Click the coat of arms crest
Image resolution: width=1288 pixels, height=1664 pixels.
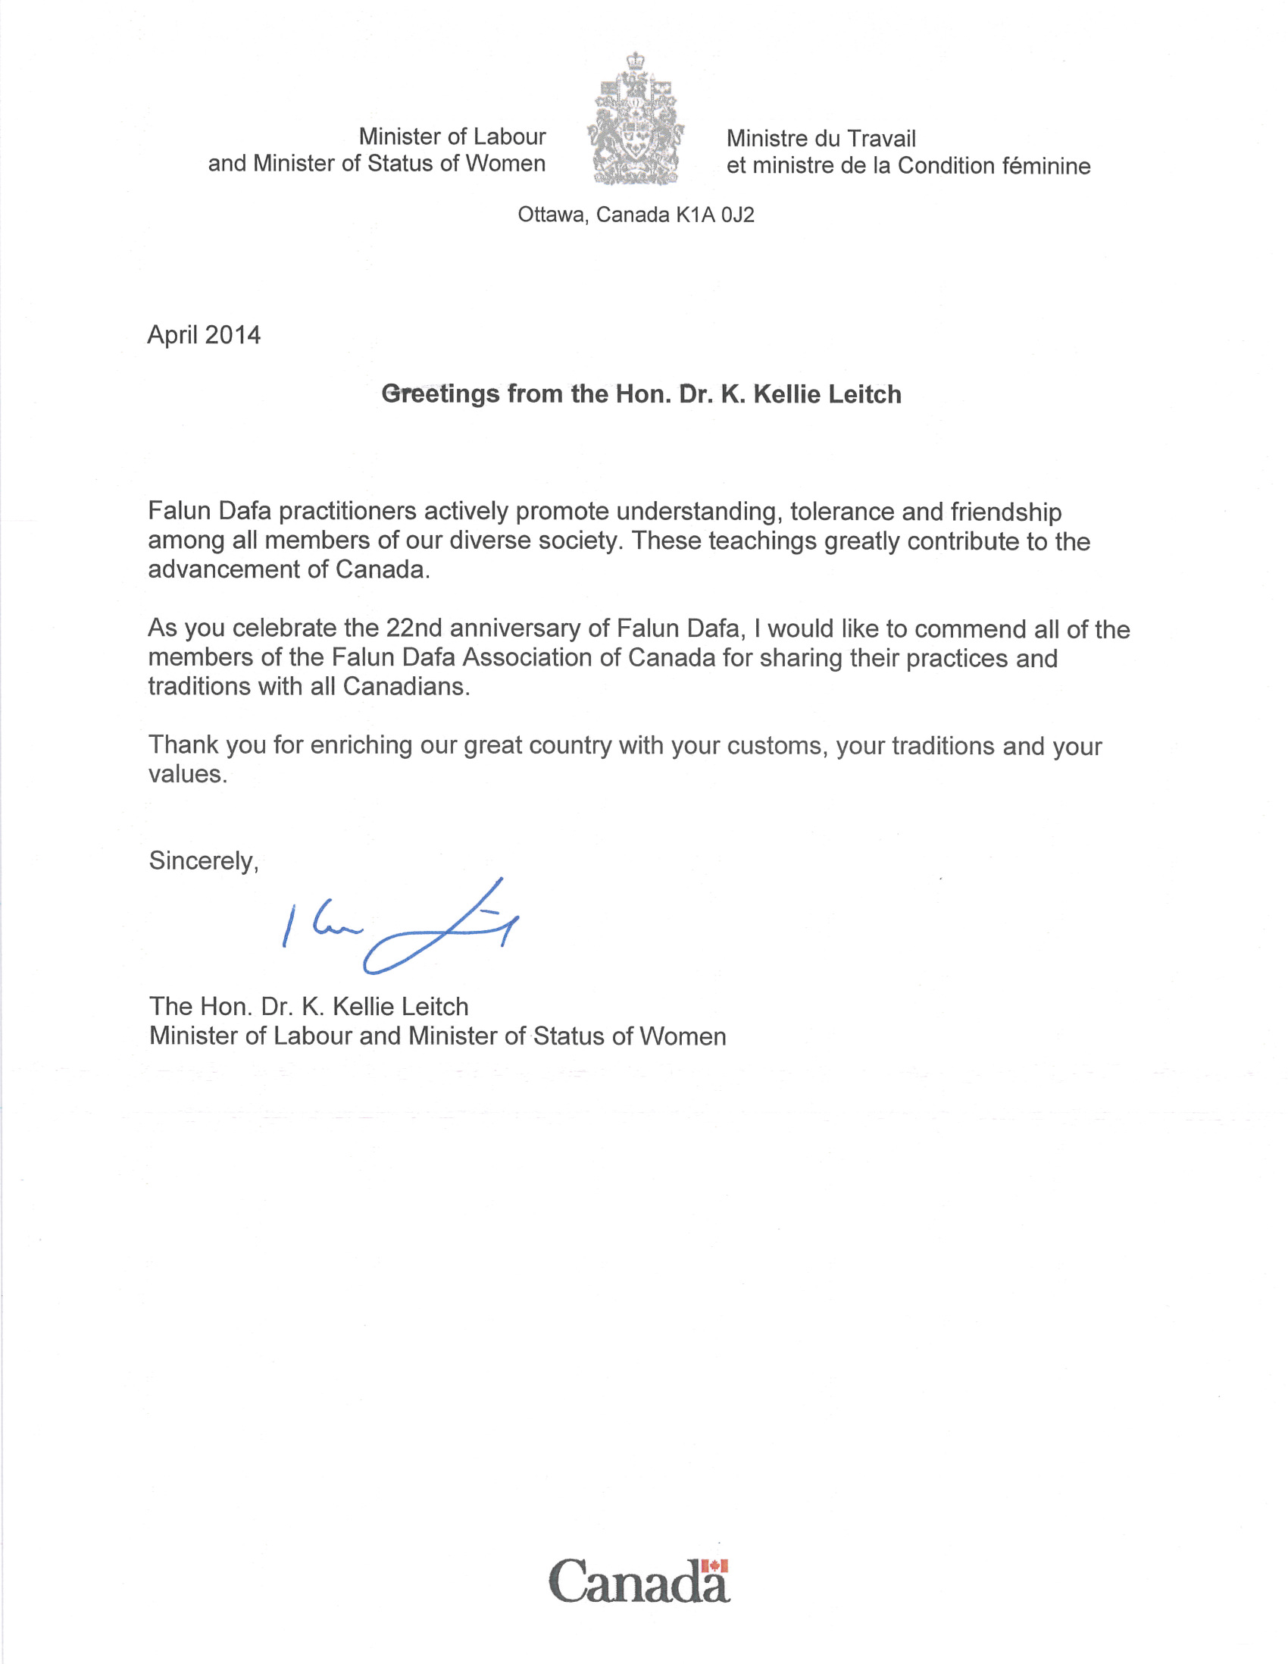coord(636,121)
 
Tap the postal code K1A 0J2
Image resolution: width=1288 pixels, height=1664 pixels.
coord(714,215)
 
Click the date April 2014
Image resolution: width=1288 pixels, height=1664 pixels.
coord(204,335)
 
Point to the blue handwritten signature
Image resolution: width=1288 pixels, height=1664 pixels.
coord(400,927)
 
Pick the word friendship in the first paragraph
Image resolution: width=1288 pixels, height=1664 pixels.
coord(1005,511)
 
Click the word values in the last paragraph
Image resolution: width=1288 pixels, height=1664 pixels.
coord(186,774)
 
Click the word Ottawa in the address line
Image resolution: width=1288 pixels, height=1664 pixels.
coord(552,215)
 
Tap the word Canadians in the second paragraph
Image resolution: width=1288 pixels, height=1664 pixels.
coord(406,687)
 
